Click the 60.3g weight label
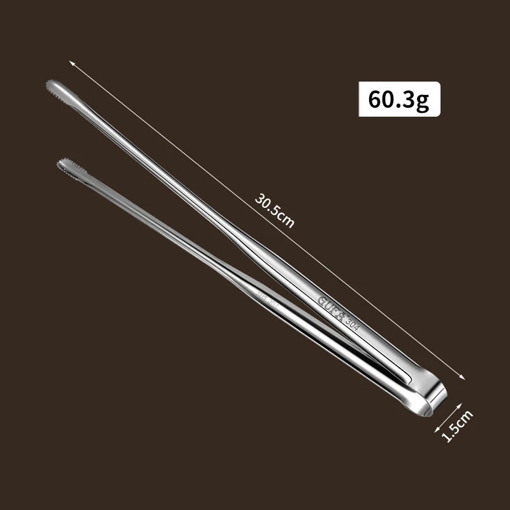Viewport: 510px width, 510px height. [399, 99]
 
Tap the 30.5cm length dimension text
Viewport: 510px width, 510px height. [275, 209]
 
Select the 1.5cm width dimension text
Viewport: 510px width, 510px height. [457, 425]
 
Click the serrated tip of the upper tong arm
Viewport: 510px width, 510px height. [54, 85]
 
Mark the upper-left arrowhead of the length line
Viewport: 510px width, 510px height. [71, 62]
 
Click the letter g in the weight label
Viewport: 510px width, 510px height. [423, 101]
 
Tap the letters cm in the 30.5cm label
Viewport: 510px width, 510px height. [288, 220]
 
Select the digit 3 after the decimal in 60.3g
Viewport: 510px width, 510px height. [408, 99]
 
